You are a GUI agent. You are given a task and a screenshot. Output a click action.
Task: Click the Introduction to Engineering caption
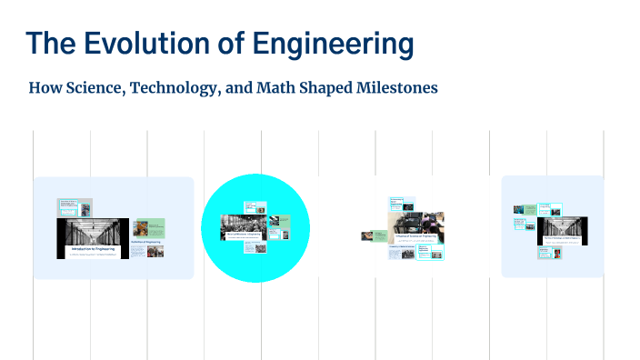coord(94,247)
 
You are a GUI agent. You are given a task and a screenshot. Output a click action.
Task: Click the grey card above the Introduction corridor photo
coord(75,207)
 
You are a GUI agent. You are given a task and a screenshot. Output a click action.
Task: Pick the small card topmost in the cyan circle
coord(254,206)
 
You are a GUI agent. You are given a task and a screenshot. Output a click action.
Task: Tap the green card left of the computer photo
coord(374,235)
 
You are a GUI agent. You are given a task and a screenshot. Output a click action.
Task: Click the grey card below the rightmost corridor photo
coord(554,257)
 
